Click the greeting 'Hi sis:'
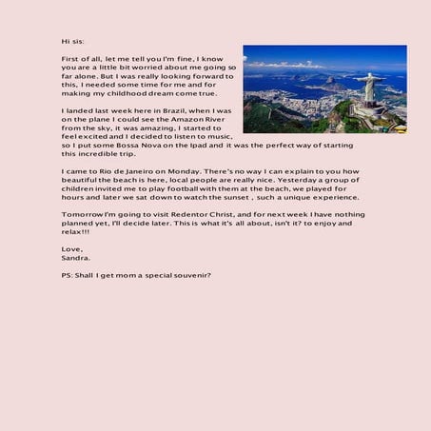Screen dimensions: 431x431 click(71, 42)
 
